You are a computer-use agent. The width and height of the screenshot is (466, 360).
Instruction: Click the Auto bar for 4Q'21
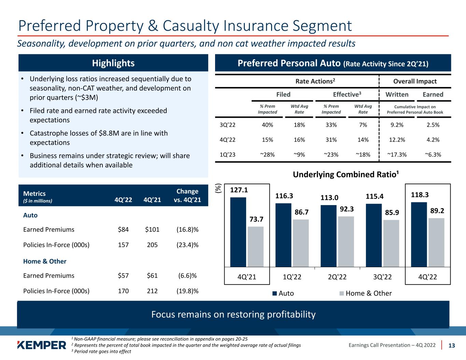[x=238, y=232]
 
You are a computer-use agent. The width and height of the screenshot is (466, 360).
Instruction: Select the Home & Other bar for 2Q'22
[x=346, y=242]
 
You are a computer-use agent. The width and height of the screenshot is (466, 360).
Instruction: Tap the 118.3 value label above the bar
[x=420, y=195]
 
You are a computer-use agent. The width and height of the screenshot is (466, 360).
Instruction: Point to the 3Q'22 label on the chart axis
[x=383, y=277]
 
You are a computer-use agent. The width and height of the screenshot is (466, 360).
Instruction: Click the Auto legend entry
[x=283, y=293]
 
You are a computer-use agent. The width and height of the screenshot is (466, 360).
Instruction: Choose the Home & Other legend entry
[x=365, y=293]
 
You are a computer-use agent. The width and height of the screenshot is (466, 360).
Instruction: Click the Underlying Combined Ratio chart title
[x=346, y=174]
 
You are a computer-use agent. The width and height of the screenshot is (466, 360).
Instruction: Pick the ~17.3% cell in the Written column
[x=397, y=155]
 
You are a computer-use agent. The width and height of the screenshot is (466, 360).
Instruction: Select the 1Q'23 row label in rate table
[x=228, y=155]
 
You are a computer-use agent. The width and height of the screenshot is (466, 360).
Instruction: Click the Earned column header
[x=433, y=95]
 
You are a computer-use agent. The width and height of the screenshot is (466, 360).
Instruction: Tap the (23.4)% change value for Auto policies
[x=187, y=245]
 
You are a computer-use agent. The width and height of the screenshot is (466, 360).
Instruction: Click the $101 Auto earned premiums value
[x=152, y=229]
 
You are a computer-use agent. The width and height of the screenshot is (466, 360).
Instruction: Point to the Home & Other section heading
[x=45, y=261]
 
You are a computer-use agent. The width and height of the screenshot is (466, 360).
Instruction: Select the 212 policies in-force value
[x=152, y=291]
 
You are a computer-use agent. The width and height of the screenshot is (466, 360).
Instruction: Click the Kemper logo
[x=42, y=345]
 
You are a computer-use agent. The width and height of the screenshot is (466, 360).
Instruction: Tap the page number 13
[x=452, y=345]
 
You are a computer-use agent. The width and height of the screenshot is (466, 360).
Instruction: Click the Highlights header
[x=113, y=63]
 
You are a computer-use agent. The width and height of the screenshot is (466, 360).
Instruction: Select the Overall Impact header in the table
[x=415, y=81]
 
